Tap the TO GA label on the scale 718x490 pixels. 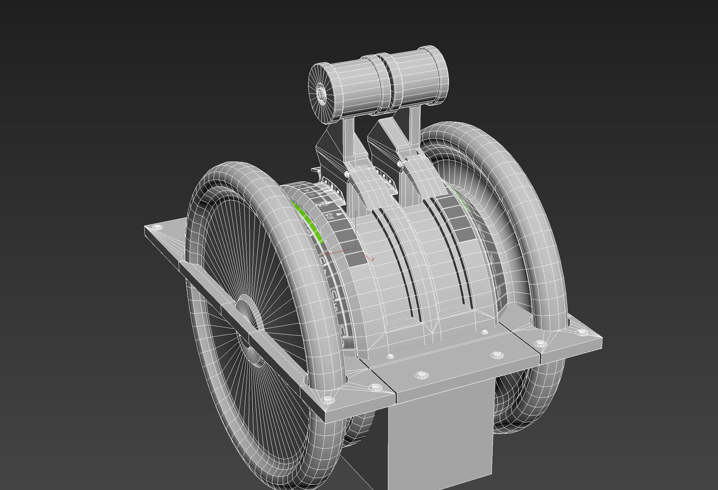point(329,216)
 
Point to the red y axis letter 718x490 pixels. point(373,259)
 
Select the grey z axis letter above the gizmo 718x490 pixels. point(356,212)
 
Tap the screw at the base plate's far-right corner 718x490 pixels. point(581,332)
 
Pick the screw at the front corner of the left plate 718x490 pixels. point(328,400)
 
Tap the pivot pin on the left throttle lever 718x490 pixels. point(347,174)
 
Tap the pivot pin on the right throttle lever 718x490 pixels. point(400,164)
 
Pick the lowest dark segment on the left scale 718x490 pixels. point(356,259)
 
